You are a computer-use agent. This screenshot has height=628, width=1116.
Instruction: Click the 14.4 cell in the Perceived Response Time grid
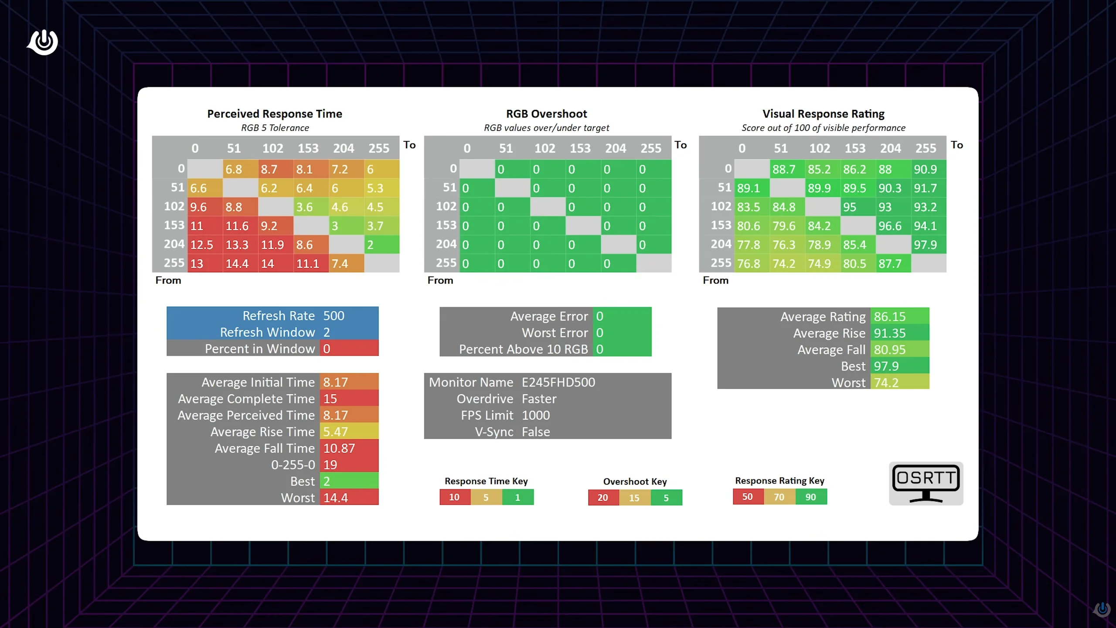click(237, 263)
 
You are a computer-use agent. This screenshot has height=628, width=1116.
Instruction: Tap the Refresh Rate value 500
click(333, 315)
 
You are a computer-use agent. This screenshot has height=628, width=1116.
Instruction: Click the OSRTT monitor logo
click(926, 483)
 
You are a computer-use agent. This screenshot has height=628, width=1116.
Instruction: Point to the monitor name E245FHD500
click(558, 382)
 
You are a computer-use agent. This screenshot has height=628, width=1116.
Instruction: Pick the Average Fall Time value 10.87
click(339, 448)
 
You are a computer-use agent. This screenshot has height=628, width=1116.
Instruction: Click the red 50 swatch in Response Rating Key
click(748, 497)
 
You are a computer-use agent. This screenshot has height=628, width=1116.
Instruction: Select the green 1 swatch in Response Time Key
click(517, 497)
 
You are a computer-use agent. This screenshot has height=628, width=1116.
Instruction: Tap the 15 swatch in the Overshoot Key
click(634, 498)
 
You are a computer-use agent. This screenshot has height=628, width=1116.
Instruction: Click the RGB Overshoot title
click(546, 114)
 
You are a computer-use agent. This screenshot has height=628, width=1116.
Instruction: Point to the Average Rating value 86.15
click(889, 316)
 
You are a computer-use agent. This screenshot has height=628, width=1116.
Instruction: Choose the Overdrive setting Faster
click(539, 399)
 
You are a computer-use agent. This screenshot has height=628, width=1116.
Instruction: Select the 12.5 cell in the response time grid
click(201, 245)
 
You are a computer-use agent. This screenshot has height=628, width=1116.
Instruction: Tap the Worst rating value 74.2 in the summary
click(886, 382)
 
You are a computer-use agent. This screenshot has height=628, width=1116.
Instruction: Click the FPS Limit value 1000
click(536, 415)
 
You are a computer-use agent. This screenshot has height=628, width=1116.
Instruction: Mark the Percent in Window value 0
click(327, 348)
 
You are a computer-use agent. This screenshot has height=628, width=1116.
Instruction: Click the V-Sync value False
click(536, 432)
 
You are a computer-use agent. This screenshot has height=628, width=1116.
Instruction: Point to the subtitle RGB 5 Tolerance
click(275, 128)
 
